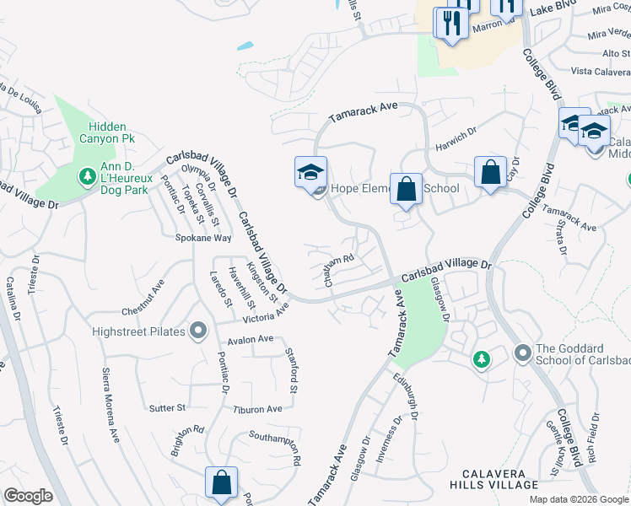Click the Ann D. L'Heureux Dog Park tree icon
tap(86, 176)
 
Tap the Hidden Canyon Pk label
tap(107, 131)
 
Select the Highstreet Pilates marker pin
tap(198, 331)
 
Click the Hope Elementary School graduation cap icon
tap(310, 172)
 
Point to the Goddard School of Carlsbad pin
tap(521, 351)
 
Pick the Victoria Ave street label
tap(265, 315)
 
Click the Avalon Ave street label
tap(251, 339)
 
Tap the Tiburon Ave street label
tap(257, 409)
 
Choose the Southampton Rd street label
tap(275, 447)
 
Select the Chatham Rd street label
tap(336, 270)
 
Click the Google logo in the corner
tap(28, 496)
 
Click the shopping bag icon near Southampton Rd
tap(221, 483)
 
